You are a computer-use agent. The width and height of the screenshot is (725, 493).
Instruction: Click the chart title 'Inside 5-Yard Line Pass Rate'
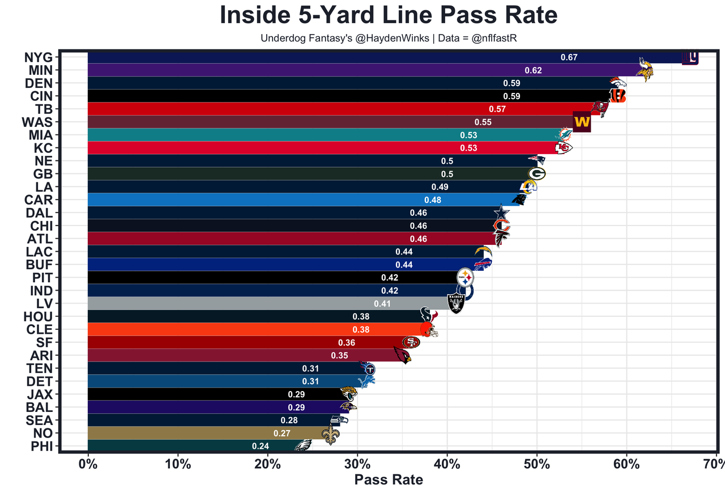[x=389, y=15]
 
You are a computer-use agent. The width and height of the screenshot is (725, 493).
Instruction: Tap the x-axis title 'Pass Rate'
[x=389, y=480]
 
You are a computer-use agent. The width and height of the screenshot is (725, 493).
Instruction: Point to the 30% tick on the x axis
[x=357, y=465]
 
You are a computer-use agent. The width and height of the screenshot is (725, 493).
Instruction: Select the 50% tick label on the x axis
[x=537, y=465]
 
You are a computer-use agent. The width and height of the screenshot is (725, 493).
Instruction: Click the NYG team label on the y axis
[x=39, y=57]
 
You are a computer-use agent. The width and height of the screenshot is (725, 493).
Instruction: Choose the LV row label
[x=44, y=304]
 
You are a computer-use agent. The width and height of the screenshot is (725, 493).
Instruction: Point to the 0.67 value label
[x=569, y=57]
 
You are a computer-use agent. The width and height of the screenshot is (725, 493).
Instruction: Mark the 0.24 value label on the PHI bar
[x=261, y=446]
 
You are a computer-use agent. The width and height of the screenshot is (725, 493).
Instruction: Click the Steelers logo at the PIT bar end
[x=465, y=278]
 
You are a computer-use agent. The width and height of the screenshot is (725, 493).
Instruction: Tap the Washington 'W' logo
[x=582, y=122]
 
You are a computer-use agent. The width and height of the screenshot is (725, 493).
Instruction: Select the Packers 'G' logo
[x=536, y=174]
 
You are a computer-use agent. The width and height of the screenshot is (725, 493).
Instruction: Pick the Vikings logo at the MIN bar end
[x=643, y=70]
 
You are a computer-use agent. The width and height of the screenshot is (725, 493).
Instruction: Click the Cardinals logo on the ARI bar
[x=403, y=356]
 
